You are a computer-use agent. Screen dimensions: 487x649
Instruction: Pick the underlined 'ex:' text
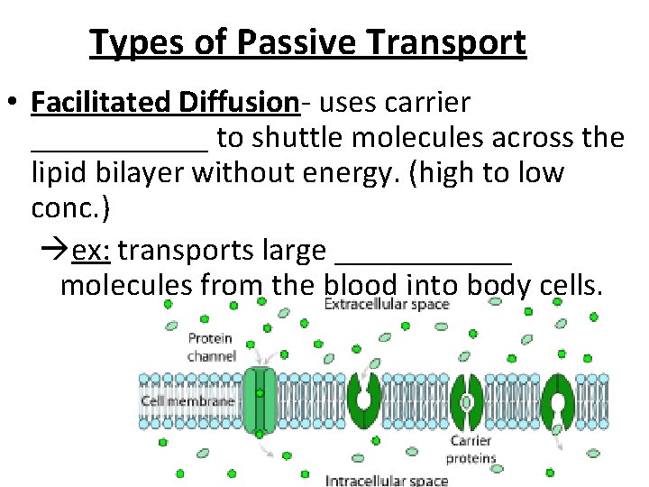pyautogui.click(x=91, y=250)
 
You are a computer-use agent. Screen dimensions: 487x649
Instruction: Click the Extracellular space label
pyautogui.click(x=387, y=305)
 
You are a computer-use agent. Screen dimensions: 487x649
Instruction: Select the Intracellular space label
pyautogui.click(x=387, y=480)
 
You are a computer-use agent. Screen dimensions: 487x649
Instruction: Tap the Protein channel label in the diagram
pyautogui.click(x=210, y=347)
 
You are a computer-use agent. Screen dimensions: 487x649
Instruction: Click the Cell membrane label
pyautogui.click(x=187, y=400)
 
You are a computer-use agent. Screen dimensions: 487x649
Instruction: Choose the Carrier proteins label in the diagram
pyautogui.click(x=472, y=449)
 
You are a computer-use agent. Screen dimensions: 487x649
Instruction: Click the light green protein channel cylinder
pyautogui.click(x=260, y=397)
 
